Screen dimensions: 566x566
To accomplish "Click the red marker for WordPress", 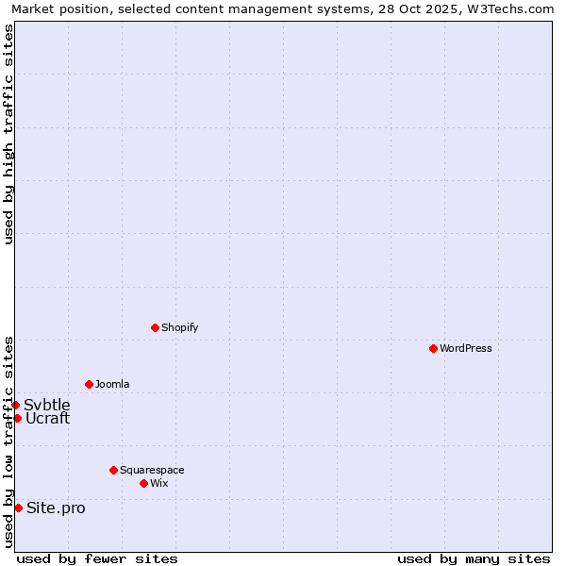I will (x=433, y=348).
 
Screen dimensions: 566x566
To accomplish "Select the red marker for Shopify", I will (x=155, y=327).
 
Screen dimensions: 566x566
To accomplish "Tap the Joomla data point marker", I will (x=89, y=384).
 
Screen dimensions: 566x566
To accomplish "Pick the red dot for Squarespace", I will (x=113, y=470).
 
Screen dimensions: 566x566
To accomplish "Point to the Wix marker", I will (x=143, y=483).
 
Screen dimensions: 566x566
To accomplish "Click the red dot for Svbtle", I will (x=15, y=405).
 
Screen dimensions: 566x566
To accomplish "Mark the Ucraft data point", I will (x=17, y=418).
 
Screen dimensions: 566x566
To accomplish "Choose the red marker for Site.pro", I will (x=18, y=508).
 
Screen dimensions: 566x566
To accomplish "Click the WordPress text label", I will (x=466, y=348).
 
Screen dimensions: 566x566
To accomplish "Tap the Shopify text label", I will (x=179, y=327).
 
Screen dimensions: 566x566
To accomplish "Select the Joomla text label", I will (x=112, y=384).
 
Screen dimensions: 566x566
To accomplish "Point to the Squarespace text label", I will (x=152, y=470).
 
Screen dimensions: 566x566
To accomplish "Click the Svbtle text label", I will (x=47, y=405).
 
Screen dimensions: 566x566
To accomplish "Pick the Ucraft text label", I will (x=47, y=418).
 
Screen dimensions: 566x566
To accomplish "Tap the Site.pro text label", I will (x=56, y=508).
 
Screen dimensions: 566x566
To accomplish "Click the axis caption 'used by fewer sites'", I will (x=97, y=558).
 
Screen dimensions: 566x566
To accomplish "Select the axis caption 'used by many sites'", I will (x=474, y=558).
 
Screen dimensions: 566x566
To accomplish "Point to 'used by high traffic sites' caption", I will (x=8, y=134).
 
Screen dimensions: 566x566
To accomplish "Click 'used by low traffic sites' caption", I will (x=8, y=441).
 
